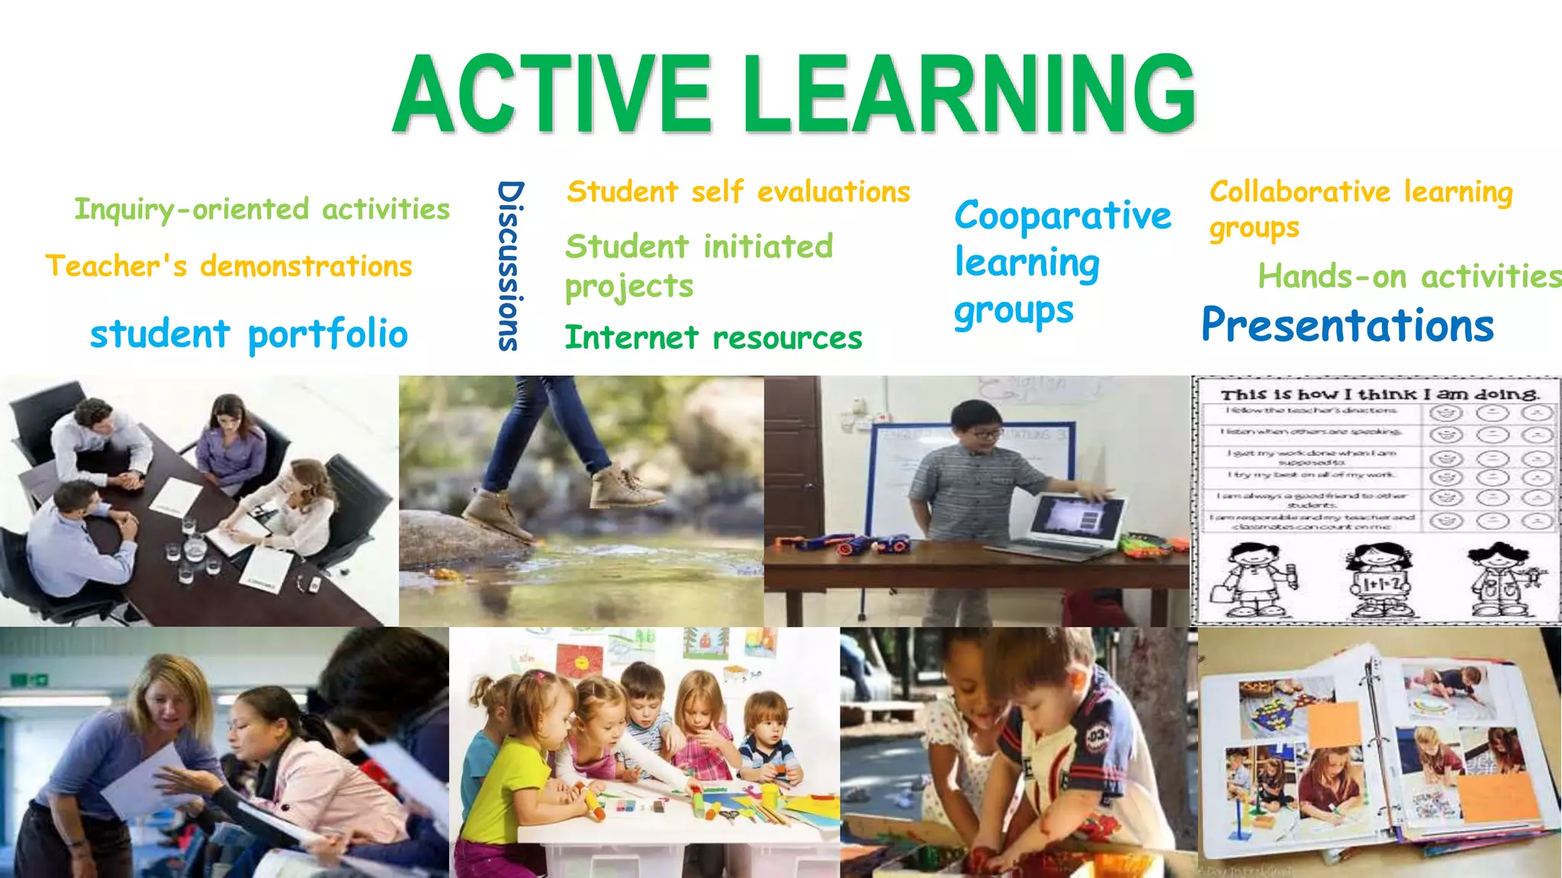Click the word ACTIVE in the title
click(552, 95)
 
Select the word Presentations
click(1347, 325)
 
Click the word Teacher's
click(116, 266)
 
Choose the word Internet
click(632, 338)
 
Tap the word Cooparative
click(1062, 216)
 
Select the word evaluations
click(834, 191)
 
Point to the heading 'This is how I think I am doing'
click(1379, 394)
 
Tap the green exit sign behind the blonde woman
click(31, 678)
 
